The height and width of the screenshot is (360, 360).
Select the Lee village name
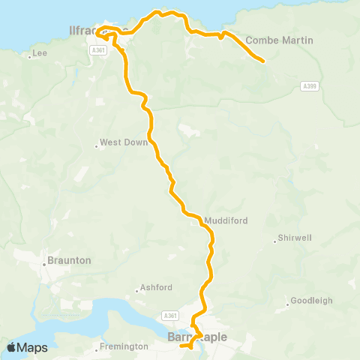tap(38, 54)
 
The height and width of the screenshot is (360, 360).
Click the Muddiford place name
tap(226, 220)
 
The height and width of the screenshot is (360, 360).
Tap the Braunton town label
tap(69, 260)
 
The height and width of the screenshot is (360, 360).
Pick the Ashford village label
tap(157, 287)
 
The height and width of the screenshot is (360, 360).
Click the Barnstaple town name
tap(198, 337)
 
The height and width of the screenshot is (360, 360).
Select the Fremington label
tap(125, 346)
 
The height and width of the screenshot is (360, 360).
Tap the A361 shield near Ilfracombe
tap(97, 49)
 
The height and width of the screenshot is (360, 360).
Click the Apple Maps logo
tap(27, 347)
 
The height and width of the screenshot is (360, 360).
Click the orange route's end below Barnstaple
tap(182, 346)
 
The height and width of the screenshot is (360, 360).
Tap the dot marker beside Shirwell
tap(275, 241)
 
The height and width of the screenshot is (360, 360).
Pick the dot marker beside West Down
tap(97, 146)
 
